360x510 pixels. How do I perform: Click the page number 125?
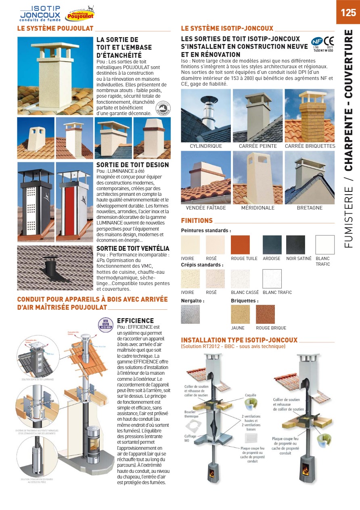coord(348,13)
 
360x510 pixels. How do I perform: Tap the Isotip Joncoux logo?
coord(40,14)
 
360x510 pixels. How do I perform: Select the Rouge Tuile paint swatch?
coord(240,245)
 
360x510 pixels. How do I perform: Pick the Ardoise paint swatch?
coord(272,245)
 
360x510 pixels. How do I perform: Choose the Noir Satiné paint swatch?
coord(295,245)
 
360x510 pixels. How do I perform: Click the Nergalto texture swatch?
coord(190,314)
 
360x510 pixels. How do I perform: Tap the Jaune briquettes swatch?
coord(240,314)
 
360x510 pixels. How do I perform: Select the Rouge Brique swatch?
coord(265,314)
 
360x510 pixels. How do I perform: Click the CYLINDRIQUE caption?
coord(206,146)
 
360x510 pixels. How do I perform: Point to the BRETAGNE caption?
coord(310,208)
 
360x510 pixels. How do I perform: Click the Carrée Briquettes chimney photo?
coord(310,115)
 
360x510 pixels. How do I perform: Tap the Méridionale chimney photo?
coord(257,178)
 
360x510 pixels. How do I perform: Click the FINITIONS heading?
coord(197,220)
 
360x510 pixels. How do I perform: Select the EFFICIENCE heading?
coord(135,321)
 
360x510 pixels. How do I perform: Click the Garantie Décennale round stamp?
coord(163,108)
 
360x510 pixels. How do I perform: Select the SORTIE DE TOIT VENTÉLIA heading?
coord(133,248)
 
